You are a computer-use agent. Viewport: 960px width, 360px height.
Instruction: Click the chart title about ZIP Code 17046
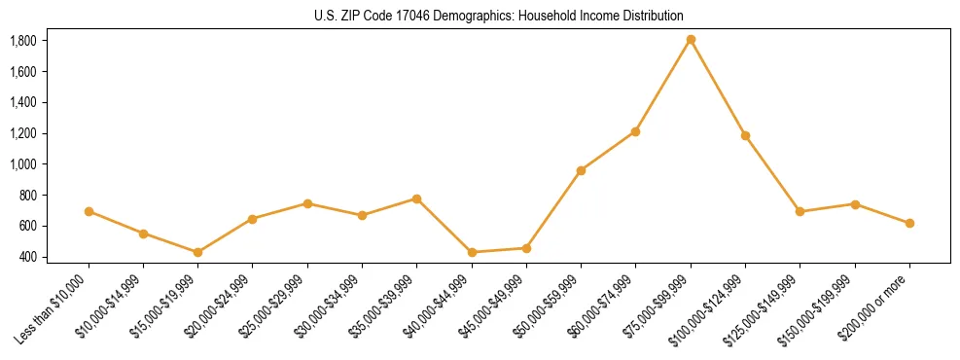coord(499,16)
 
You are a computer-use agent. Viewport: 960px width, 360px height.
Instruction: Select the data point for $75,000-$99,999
coord(691,40)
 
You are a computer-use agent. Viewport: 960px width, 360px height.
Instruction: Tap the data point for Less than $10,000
coord(89,211)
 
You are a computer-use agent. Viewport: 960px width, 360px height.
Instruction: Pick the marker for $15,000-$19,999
coord(197,252)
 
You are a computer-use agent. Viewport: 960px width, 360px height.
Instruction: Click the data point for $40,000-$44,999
coord(472,252)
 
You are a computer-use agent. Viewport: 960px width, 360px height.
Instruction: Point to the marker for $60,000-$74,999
coord(635,131)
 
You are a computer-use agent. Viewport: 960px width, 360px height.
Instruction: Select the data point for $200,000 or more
coord(909,223)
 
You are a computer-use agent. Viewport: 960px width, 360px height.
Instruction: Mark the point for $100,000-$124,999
coord(745,135)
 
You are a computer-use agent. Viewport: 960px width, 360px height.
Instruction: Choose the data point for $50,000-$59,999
coord(581,170)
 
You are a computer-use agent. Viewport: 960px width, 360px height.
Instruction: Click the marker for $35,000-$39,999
coord(416,198)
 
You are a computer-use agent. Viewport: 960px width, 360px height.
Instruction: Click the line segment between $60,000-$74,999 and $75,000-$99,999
coord(663,86)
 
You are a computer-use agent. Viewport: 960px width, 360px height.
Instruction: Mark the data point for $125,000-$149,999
coord(800,211)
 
